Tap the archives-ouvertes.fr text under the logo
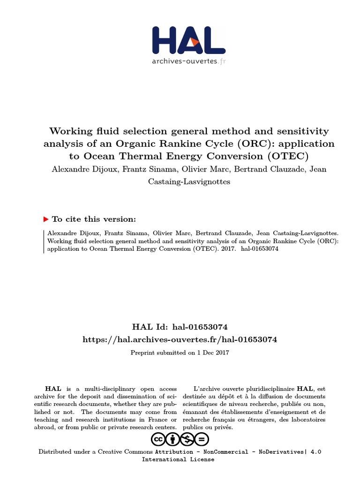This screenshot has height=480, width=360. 188,61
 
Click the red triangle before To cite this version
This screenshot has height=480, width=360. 45,219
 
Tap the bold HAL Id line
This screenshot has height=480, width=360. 180,326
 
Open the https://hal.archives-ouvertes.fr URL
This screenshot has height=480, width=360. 180,339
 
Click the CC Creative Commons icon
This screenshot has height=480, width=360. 158,439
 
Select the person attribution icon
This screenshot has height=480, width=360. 172,439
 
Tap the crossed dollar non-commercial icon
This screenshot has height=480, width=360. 187,439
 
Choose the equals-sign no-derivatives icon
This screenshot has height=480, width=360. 202,439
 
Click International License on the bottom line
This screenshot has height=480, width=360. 178,459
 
